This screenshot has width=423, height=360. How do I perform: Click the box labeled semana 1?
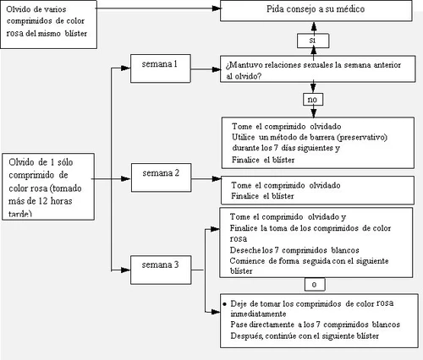tap(161, 68)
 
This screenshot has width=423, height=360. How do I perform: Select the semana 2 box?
tap(161, 177)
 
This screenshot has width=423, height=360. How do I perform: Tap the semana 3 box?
tap(161, 270)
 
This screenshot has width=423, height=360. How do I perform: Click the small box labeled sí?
tap(313, 41)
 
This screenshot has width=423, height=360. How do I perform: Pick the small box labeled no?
tap(313, 100)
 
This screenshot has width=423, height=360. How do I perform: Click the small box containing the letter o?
tap(315, 285)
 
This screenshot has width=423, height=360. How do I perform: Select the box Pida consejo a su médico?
tap(316, 10)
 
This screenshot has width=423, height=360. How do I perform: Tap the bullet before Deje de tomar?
tap(224, 304)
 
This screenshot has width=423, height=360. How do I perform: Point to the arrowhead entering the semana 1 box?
tap(125, 68)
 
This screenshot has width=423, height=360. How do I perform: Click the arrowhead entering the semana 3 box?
tap(125, 270)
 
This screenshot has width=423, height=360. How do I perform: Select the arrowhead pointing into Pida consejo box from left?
tap(217, 8)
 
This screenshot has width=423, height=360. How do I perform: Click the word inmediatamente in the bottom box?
tap(258, 314)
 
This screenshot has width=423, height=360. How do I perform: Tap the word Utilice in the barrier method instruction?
tap(243, 137)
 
